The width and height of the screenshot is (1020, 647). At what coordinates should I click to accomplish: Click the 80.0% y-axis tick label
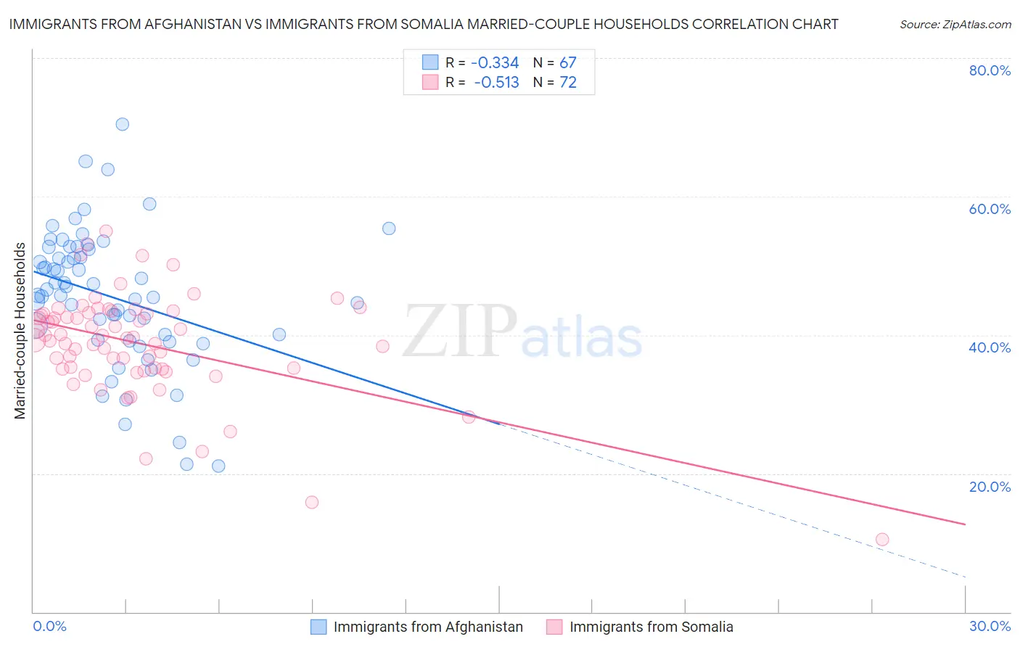(990, 70)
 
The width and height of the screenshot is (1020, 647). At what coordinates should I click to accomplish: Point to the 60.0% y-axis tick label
(990, 209)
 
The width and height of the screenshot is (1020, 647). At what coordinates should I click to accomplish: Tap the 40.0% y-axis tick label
(990, 347)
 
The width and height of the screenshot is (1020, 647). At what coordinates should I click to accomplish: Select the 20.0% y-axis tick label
(990, 486)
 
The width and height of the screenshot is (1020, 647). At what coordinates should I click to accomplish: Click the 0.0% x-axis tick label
(50, 626)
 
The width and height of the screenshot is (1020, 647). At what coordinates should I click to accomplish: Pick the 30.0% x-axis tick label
(990, 626)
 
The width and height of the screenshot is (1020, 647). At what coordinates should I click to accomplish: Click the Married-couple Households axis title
(20, 331)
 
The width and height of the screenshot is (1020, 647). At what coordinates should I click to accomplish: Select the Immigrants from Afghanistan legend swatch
(318, 627)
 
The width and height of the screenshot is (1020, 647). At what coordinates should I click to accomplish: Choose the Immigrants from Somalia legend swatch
(555, 627)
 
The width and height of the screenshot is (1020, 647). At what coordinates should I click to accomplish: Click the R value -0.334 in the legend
(495, 63)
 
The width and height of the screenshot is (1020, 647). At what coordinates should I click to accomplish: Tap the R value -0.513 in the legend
(496, 83)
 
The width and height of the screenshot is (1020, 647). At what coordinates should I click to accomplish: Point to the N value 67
(567, 63)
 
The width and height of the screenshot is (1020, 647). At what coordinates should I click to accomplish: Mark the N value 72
(567, 83)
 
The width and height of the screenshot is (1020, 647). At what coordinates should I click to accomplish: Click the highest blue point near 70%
(123, 124)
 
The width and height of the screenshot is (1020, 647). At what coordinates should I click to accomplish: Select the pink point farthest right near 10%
(882, 539)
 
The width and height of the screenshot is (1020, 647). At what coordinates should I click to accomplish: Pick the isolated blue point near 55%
(389, 228)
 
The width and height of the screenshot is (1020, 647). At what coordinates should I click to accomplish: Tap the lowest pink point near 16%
(312, 502)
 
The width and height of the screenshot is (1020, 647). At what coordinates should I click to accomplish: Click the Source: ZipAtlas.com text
(955, 25)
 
